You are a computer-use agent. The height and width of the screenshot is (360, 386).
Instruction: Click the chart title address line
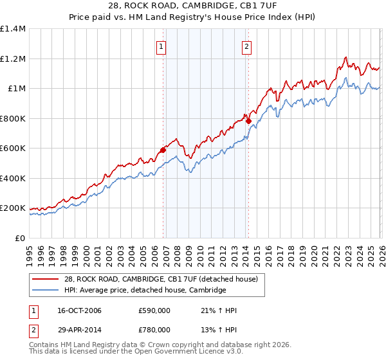192,6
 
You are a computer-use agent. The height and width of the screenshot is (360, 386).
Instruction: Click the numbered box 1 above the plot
161,46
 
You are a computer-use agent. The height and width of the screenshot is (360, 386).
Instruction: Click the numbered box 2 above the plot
247,46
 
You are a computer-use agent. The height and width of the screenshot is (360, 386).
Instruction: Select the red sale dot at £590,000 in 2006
163,150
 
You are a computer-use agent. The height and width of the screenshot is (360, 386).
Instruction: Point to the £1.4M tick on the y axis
13,29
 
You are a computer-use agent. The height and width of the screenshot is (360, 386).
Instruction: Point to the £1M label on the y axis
17,89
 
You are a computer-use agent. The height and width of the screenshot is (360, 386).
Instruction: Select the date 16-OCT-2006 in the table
80,310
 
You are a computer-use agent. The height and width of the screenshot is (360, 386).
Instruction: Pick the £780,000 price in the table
154,329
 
